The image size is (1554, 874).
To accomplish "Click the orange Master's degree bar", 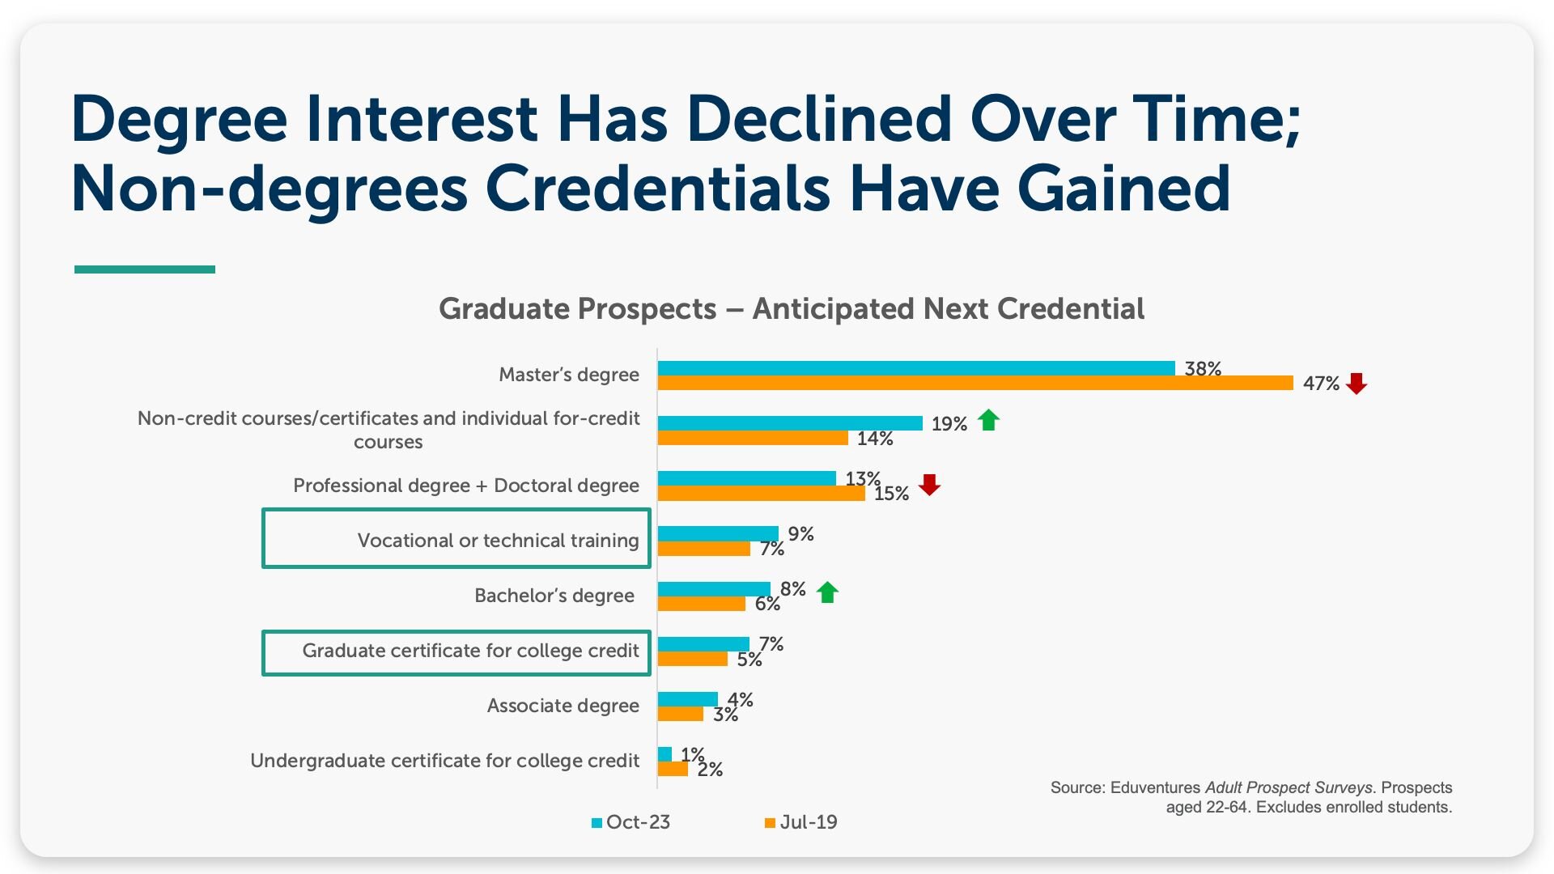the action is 975,383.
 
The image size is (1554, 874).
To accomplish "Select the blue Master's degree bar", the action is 916,368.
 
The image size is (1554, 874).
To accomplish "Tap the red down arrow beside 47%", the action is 1357,384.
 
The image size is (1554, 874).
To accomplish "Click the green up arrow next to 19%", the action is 988,420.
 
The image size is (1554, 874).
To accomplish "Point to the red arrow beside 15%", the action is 930,485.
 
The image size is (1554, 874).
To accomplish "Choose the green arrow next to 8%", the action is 827,592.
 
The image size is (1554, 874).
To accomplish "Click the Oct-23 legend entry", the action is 631,822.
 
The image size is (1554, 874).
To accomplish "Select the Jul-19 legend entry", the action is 801,822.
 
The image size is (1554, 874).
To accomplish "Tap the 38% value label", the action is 1203,369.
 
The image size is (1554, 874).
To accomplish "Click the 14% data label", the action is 875,439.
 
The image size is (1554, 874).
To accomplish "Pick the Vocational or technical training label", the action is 499,540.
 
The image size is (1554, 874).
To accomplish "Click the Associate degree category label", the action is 563,706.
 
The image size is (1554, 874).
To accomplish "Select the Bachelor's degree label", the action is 554,596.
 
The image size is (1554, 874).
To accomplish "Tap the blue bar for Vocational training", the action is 718,533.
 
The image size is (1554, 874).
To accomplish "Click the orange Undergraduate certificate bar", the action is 673,769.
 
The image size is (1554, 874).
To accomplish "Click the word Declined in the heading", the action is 820,119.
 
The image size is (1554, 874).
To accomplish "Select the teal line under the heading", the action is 145,269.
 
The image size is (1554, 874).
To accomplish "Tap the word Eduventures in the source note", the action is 1156,787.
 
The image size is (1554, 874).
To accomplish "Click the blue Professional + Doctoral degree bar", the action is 747,478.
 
